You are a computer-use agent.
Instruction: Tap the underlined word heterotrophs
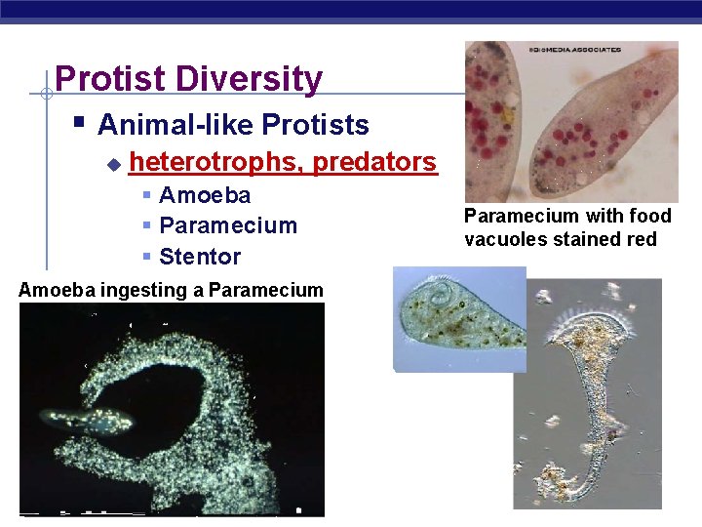tap(215, 161)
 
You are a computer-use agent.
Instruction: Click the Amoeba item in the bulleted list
tap(205, 195)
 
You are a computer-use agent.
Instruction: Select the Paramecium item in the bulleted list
tap(227, 225)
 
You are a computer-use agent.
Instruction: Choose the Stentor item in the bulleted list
tap(200, 257)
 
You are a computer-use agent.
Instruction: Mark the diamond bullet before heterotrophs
tap(113, 163)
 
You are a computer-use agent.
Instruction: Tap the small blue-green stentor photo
tap(458, 319)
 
